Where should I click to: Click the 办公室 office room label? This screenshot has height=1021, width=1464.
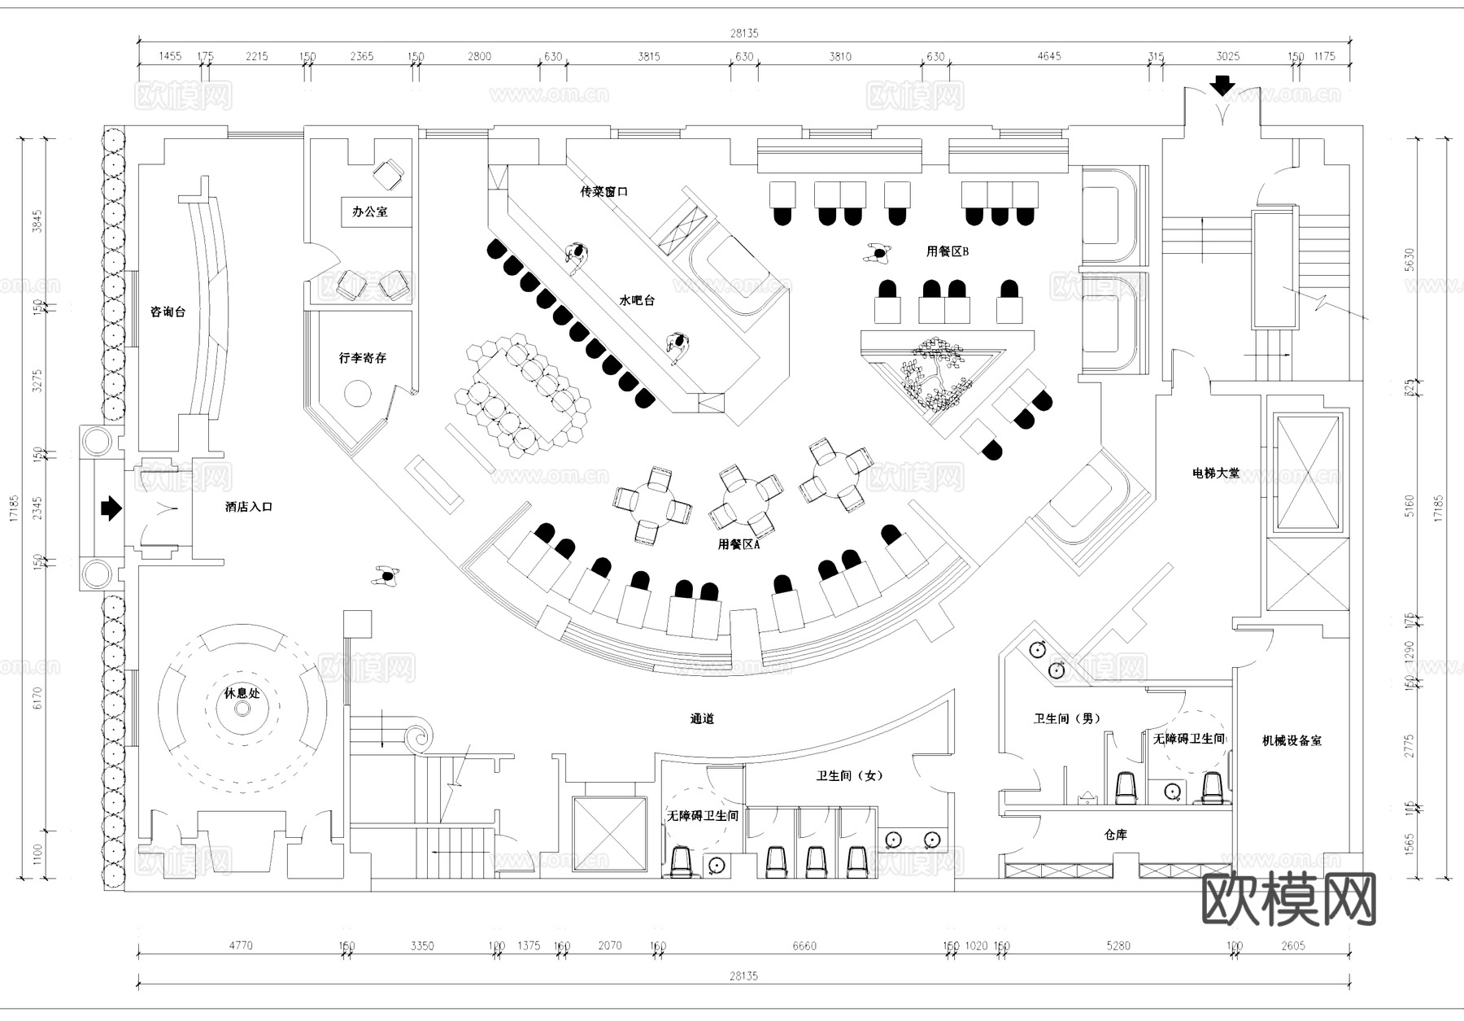click(x=369, y=212)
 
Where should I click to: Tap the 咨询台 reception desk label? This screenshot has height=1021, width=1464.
click(x=168, y=312)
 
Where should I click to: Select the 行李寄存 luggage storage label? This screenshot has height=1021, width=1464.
click(x=363, y=358)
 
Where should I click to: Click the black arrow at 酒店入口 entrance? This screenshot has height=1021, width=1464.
click(x=111, y=509)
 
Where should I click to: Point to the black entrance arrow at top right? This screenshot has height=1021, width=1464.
click(x=1222, y=85)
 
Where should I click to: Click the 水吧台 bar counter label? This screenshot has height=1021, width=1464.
click(x=637, y=300)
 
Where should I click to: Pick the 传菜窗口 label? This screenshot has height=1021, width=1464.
click(x=603, y=192)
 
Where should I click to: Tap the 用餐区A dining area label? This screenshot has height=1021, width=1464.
click(x=739, y=544)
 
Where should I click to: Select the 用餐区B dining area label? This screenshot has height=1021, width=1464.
click(x=948, y=251)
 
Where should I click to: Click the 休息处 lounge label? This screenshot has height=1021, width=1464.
click(x=242, y=693)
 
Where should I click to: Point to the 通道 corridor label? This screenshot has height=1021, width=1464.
click(x=702, y=719)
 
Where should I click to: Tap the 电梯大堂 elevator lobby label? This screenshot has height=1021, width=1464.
click(x=1216, y=473)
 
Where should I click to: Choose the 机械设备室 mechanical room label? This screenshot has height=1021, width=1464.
click(x=1292, y=740)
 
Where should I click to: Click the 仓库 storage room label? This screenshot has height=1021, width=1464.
click(x=1116, y=835)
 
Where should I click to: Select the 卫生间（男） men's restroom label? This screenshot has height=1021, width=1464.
click(x=1067, y=718)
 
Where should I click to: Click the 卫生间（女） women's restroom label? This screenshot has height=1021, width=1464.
click(x=850, y=776)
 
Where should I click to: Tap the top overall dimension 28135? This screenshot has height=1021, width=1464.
click(x=743, y=33)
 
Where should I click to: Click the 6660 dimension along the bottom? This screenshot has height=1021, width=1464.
click(x=804, y=945)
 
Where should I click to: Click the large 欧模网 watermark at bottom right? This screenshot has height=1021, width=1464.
click(x=1288, y=900)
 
